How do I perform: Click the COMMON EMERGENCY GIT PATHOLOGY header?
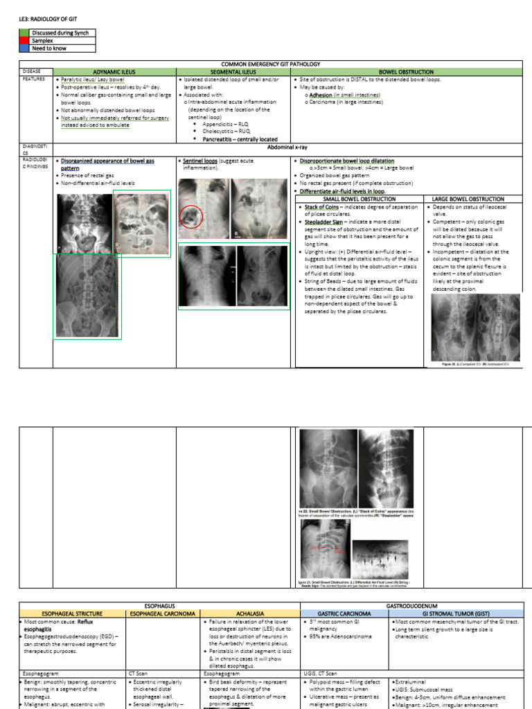coord(274,63)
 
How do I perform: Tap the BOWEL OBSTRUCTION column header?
coord(406,71)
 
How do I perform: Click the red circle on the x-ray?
coord(190,216)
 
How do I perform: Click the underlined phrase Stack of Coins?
coord(321,206)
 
